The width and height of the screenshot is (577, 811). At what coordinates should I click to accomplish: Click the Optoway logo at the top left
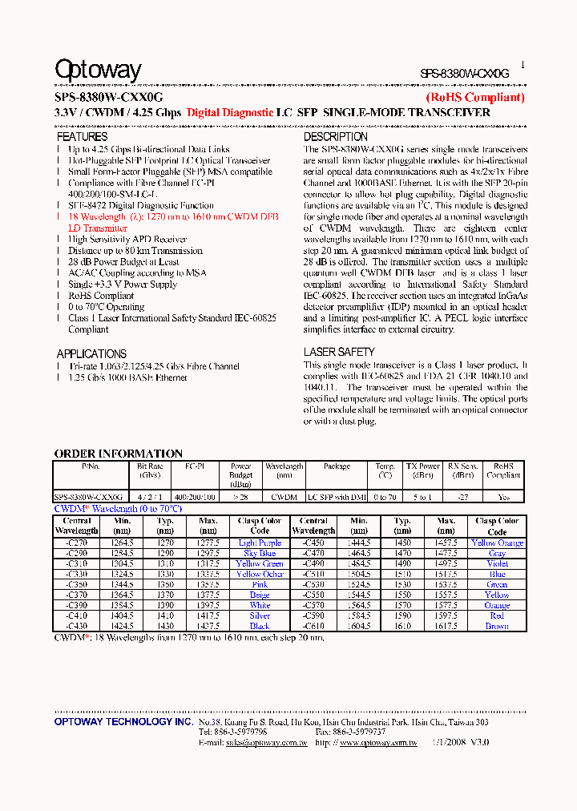click(x=98, y=71)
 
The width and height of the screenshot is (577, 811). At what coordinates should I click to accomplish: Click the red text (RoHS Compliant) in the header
click(x=474, y=98)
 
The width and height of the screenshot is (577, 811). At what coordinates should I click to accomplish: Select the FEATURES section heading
click(x=82, y=137)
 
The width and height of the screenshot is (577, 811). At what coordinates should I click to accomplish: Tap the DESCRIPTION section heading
click(x=336, y=137)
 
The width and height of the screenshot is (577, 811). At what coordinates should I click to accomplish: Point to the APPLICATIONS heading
click(x=91, y=353)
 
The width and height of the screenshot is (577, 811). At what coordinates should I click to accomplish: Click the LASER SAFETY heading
click(x=339, y=352)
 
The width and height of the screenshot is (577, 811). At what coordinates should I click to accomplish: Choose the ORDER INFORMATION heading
click(x=118, y=454)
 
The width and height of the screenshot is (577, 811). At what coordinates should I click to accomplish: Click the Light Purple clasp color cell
click(x=260, y=543)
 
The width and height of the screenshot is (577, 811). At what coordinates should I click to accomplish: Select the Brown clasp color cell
click(x=497, y=626)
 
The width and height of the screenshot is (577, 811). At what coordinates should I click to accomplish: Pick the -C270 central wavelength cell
click(x=77, y=543)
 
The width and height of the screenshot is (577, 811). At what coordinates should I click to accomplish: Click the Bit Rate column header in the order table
click(x=150, y=470)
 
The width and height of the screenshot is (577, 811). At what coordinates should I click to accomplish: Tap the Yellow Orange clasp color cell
click(x=497, y=543)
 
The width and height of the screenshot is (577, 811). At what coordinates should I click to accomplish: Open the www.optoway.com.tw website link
click(x=377, y=743)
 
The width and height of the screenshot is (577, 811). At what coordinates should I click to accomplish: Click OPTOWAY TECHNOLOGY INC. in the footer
click(x=123, y=722)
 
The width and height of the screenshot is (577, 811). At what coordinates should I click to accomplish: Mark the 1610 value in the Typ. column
click(x=403, y=626)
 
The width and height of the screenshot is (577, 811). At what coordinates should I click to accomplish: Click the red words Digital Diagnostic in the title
click(x=230, y=113)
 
